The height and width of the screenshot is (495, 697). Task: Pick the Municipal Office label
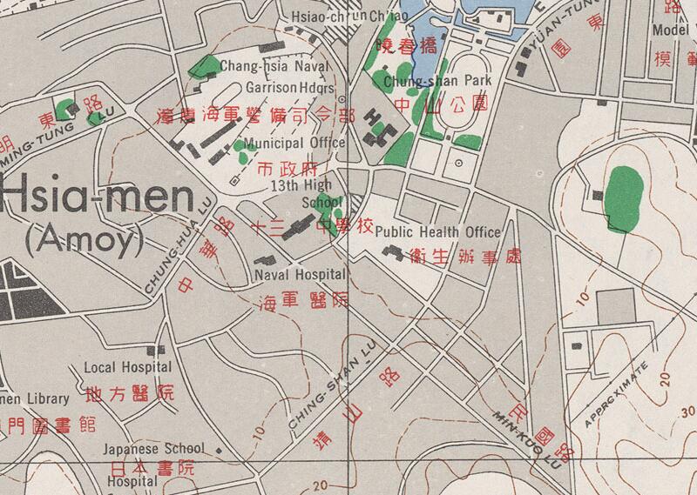click(294, 143)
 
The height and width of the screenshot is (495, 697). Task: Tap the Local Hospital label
click(127, 368)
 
